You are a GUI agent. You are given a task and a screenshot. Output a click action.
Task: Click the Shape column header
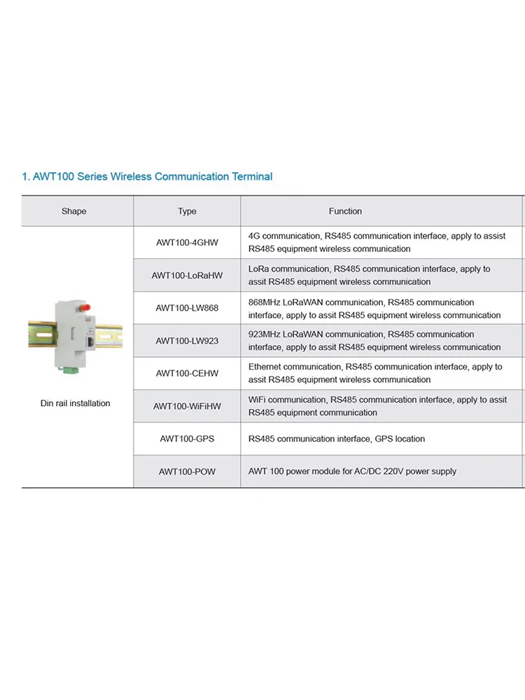tap(73, 211)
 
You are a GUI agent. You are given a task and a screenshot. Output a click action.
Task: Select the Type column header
tap(187, 211)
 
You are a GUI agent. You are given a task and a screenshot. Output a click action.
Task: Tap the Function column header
tap(345, 211)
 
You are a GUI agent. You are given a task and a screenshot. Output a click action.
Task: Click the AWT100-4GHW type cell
tap(187, 242)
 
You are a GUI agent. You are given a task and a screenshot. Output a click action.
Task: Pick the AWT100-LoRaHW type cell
tap(187, 275)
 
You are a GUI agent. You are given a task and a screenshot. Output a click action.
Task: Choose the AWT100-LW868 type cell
tap(187, 308)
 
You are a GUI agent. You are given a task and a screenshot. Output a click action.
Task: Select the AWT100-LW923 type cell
tap(187, 341)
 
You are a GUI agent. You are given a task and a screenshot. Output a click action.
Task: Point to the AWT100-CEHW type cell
tap(187, 373)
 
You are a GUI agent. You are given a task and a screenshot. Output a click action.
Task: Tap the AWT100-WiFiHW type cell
tap(187, 406)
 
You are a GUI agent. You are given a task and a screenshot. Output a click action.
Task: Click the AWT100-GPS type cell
tap(187, 439)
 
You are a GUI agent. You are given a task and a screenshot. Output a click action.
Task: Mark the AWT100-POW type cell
tap(187, 472)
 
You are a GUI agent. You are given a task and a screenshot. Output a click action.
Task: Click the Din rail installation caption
tap(75, 403)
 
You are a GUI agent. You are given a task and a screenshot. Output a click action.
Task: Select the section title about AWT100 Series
tap(147, 176)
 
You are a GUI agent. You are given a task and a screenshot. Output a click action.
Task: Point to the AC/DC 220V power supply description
tap(352, 471)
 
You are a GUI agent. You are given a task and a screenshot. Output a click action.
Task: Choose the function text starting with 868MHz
tap(374, 309)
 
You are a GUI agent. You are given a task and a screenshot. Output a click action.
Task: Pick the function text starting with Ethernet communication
tap(374, 373)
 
